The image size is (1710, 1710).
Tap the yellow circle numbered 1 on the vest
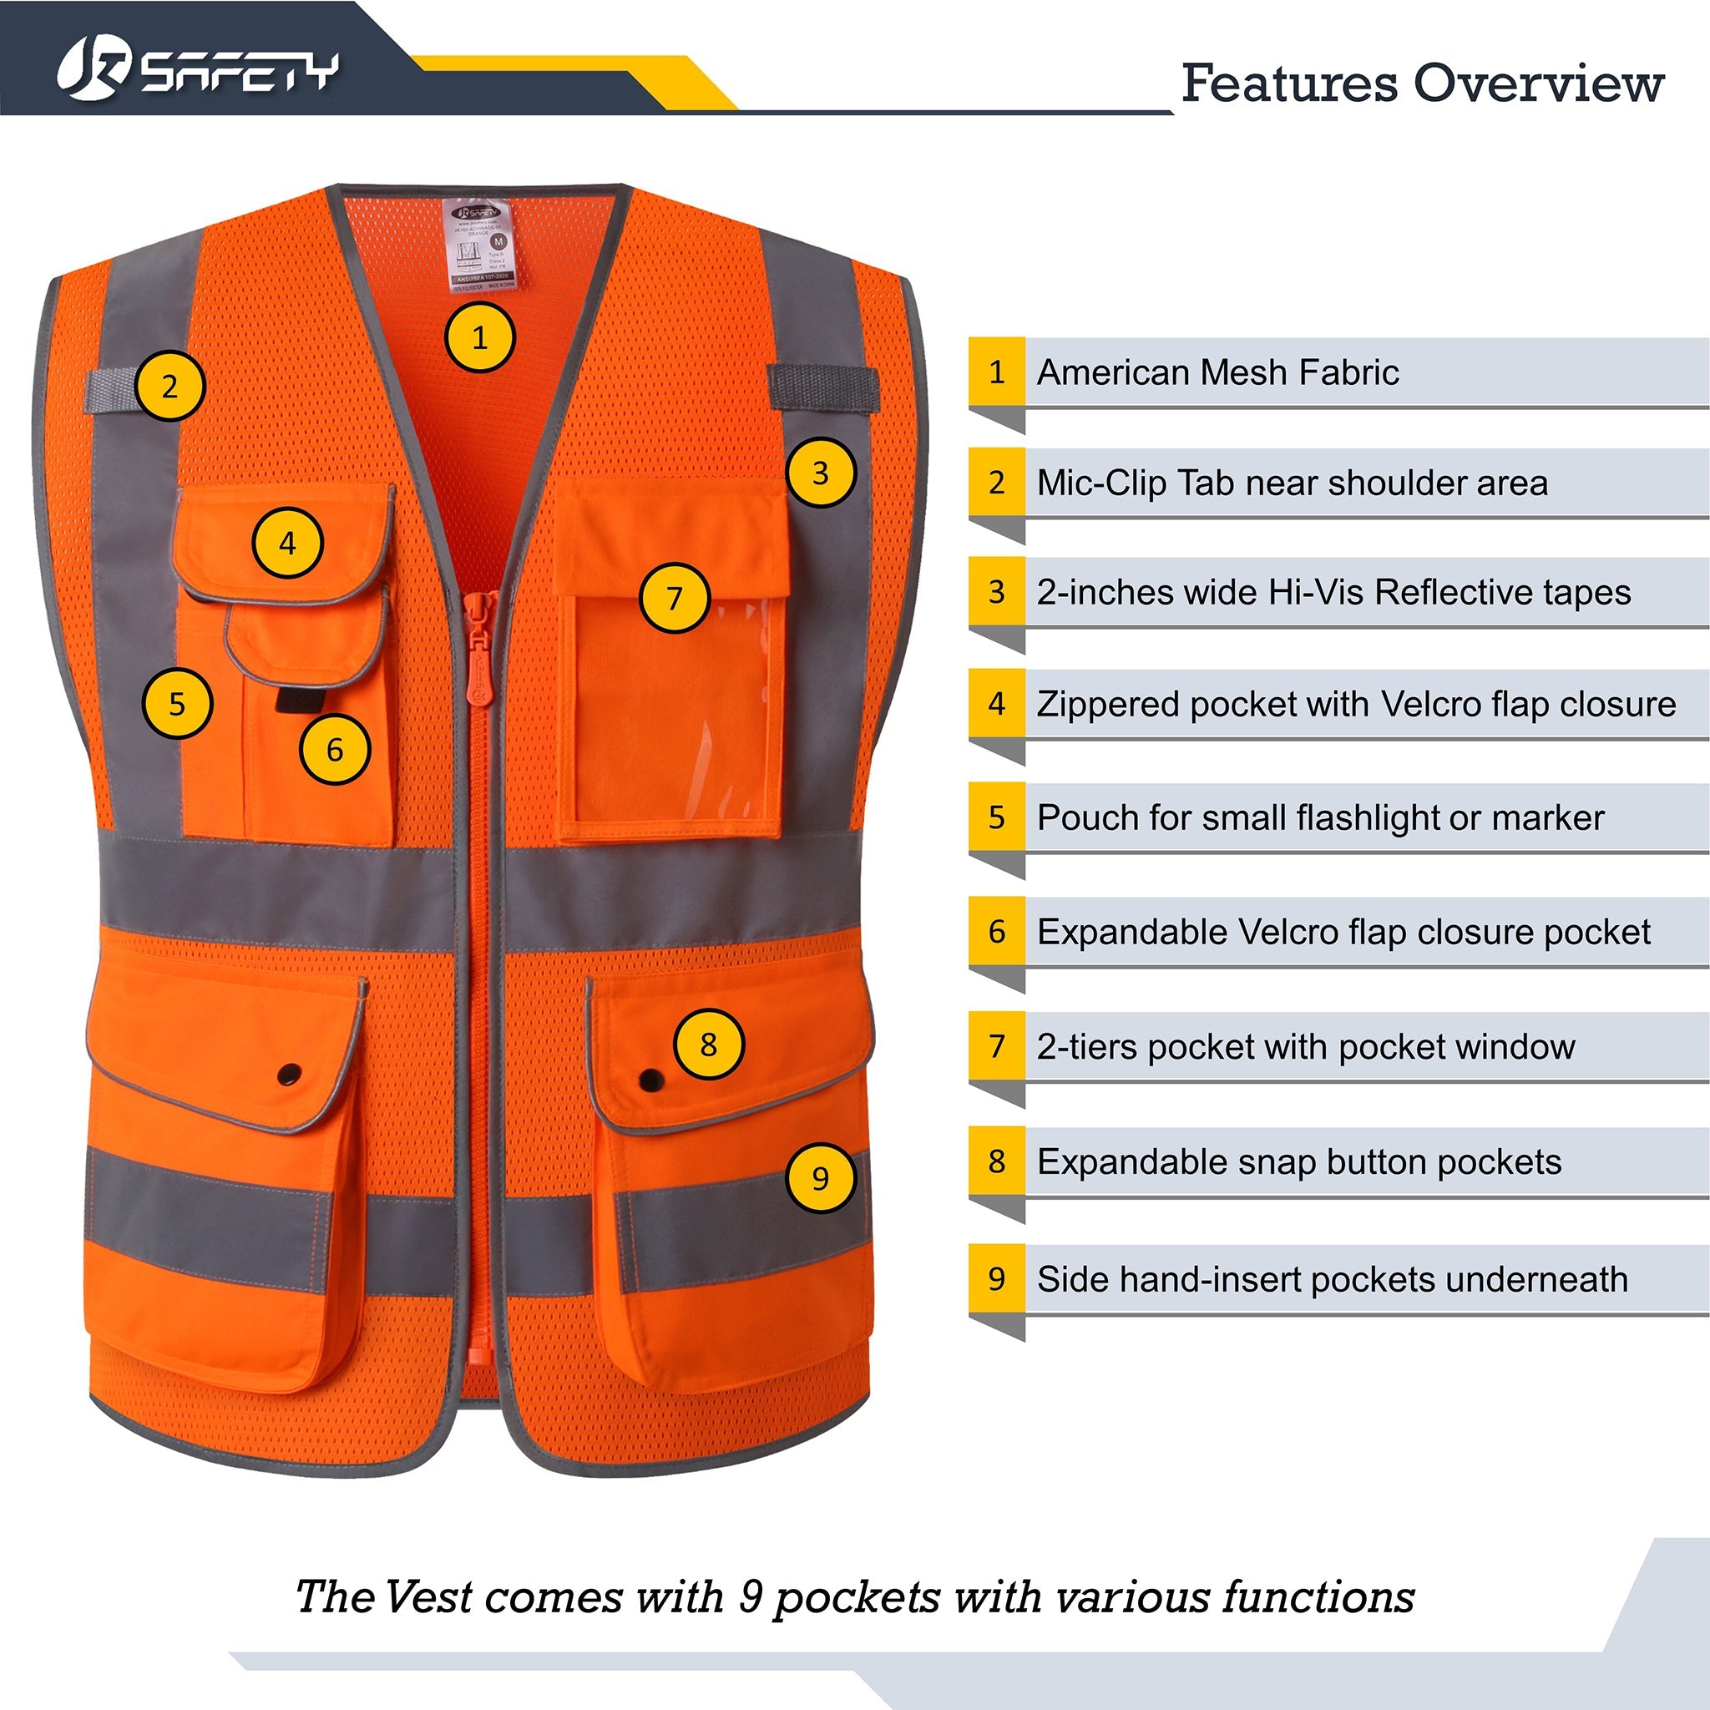click(478, 337)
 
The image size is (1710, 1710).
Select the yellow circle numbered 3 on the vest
click(820, 473)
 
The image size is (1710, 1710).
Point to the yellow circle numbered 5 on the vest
click(177, 704)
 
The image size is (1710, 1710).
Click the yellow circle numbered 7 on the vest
click(675, 599)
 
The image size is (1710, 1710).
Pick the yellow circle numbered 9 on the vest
click(820, 1178)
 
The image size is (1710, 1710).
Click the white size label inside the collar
click(478, 245)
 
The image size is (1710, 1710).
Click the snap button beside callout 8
click(650, 1079)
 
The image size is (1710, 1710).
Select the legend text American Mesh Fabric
click(1217, 372)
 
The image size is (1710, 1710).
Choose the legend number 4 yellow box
click(997, 704)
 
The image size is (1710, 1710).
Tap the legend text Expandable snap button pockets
click(1298, 1162)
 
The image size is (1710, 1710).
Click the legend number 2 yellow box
click(997, 483)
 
